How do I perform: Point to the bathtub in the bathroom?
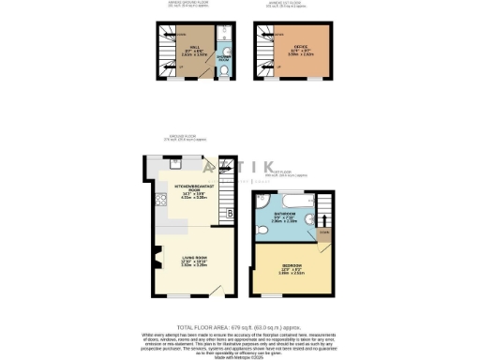(290, 198)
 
